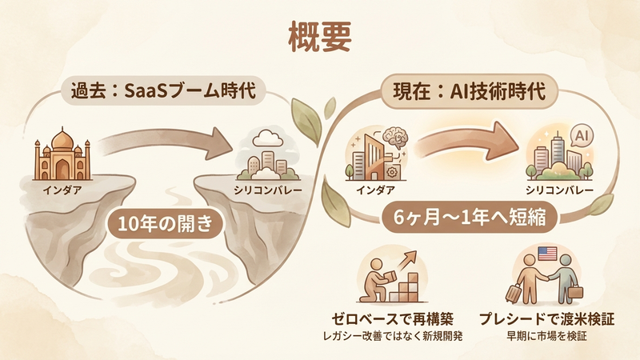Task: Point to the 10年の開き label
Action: [x=165, y=222]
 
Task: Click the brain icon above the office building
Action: [x=397, y=137]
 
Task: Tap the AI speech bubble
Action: [x=582, y=136]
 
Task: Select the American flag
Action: [x=548, y=254]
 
